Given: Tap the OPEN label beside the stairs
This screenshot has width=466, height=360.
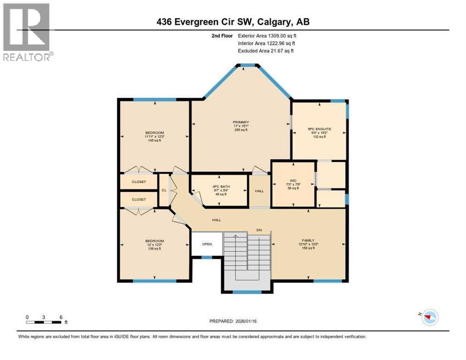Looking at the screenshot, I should click(207, 244).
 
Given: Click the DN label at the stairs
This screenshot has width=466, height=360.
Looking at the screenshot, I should click(258, 230).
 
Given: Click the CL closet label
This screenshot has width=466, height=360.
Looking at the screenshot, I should click(164, 190).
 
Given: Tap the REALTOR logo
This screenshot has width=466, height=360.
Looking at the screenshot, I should click(27, 32).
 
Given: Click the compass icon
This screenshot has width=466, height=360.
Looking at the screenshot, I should click(430, 317).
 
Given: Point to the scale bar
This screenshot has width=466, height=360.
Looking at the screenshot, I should click(44, 322).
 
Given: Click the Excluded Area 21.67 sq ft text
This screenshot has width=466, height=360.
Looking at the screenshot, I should click(266, 51).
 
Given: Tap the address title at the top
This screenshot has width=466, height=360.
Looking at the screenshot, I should click(233, 22).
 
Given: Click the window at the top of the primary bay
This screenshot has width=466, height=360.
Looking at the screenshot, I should click(247, 65).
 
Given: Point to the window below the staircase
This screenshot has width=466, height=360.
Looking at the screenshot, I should click(247, 292).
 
